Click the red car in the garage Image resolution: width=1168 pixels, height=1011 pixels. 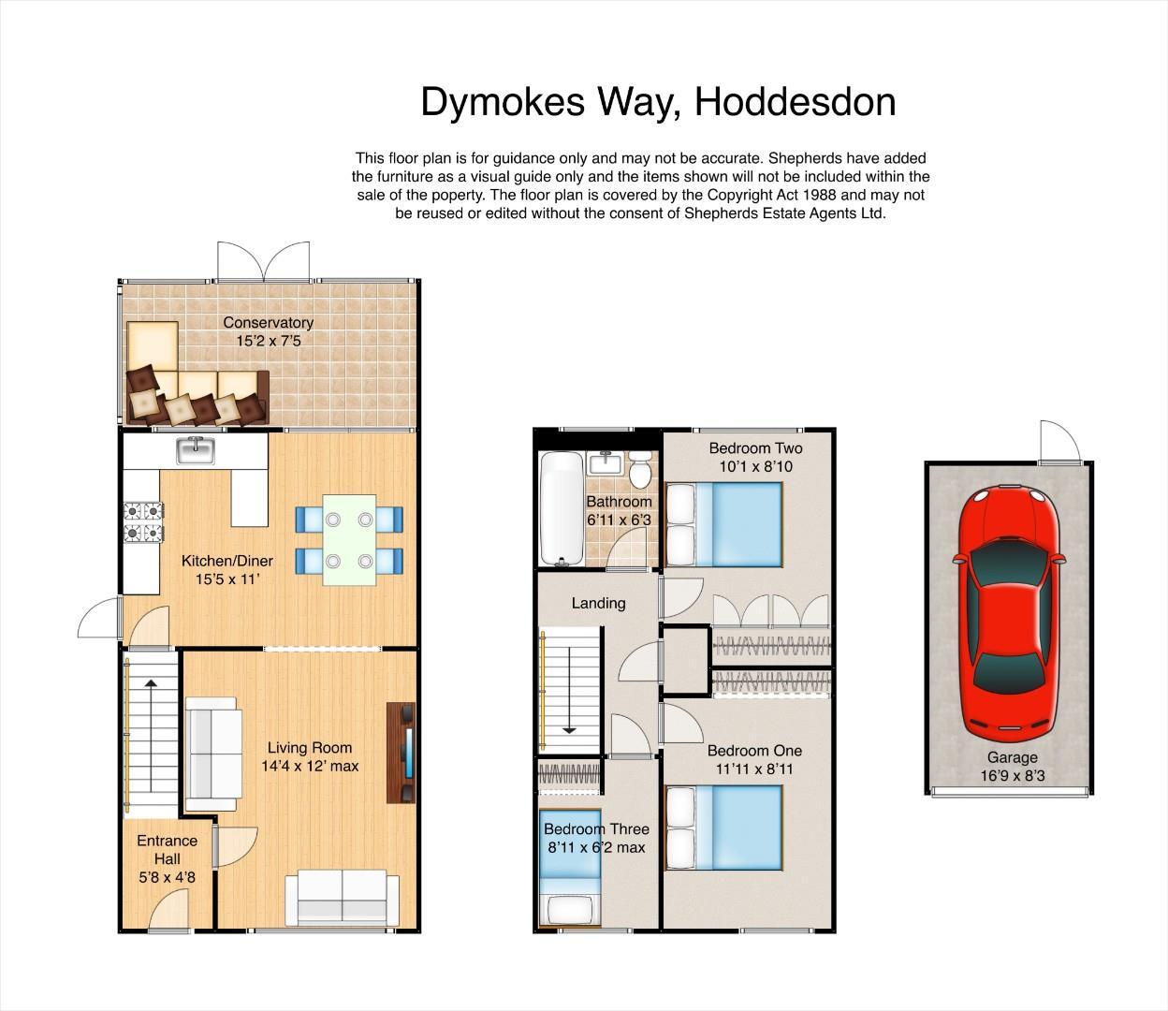[x=1009, y=608]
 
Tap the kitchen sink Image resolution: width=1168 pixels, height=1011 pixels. [x=196, y=450]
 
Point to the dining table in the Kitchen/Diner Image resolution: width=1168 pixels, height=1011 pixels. [x=349, y=540]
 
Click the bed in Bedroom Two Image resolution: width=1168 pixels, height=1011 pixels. [x=723, y=523]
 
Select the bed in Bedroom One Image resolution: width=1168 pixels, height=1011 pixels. [x=723, y=828]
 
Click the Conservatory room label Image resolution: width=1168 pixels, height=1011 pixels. [x=268, y=323]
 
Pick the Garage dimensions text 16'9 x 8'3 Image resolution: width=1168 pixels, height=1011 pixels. [x=1012, y=776]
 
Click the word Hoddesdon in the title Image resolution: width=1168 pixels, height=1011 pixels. [x=795, y=102]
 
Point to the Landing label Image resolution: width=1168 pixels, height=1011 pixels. [x=598, y=603]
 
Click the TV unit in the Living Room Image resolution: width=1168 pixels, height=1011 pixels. [x=401, y=752]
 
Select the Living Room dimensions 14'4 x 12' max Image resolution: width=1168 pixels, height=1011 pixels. [x=310, y=766]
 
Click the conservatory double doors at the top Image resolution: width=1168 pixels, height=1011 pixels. [x=263, y=261]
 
